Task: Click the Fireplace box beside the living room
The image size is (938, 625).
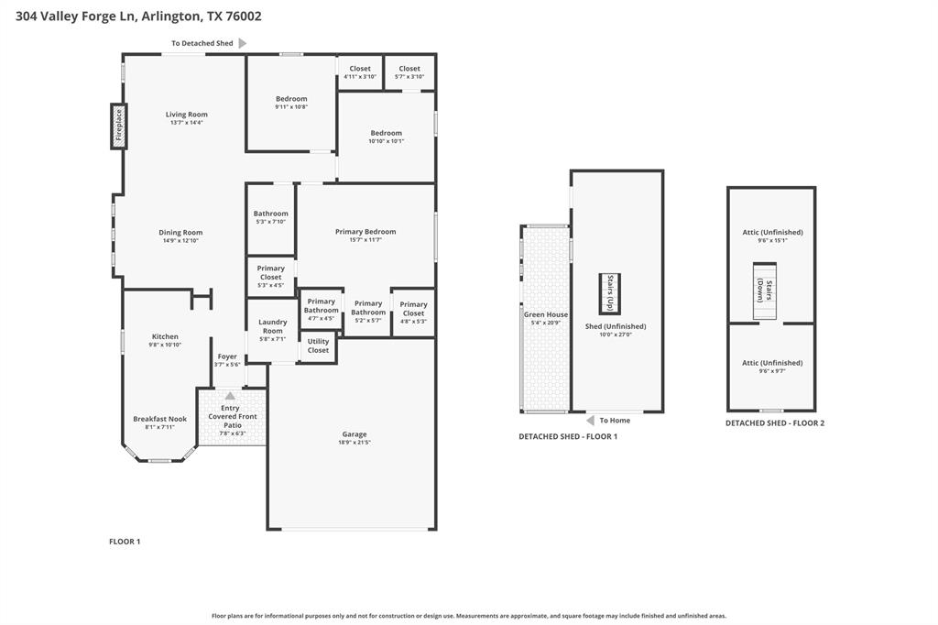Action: coord(118,127)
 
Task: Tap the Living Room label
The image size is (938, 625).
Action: coord(187,115)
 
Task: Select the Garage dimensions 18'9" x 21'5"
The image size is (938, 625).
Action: coord(354,443)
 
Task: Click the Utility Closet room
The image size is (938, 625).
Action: coord(318,346)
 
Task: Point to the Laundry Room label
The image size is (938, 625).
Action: coord(272,326)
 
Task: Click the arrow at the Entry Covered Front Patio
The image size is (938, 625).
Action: coord(230,396)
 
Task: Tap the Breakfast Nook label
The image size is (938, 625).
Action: coord(159,419)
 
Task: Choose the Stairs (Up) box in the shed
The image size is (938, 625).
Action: coord(610,294)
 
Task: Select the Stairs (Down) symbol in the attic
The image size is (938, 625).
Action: coord(765,291)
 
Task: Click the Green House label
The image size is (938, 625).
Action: coord(546,314)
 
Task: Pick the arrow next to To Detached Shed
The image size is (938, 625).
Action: coord(243,43)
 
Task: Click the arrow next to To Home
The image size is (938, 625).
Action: coord(591,421)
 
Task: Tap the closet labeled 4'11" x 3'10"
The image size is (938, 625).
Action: coord(360,72)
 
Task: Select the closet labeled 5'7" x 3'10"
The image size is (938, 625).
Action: coord(409,72)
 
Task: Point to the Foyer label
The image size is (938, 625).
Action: coord(227,356)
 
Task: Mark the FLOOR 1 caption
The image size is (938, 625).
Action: coord(125,542)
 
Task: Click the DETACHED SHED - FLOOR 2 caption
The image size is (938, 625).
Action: coord(775,423)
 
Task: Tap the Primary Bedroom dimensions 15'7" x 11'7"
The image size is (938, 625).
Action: coord(365,240)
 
